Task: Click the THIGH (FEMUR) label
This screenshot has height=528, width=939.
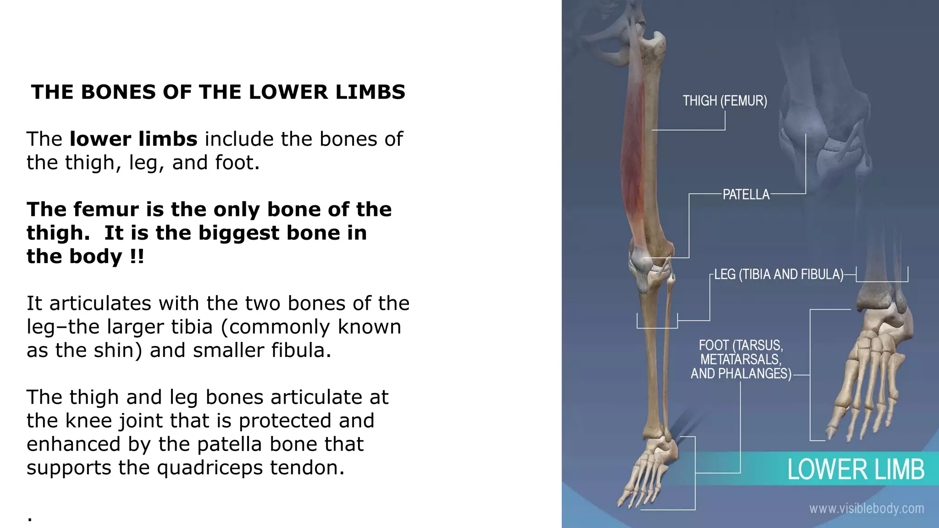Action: (724, 101)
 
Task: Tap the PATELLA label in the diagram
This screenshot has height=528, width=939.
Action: (746, 195)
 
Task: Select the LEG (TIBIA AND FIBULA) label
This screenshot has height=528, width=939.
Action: (779, 275)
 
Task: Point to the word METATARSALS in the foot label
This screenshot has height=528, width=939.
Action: (740, 360)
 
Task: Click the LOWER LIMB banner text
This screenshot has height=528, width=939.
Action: (856, 470)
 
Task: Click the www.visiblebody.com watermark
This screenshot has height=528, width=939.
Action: (866, 509)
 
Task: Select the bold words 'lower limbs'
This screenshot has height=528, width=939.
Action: (133, 139)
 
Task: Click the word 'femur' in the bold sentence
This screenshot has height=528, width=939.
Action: (106, 209)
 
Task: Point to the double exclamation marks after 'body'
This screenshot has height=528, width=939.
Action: (137, 256)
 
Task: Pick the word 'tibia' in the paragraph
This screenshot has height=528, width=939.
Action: (192, 327)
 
